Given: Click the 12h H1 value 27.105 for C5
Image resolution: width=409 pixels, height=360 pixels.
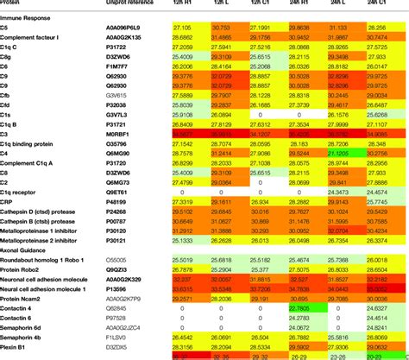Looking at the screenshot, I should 184,28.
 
